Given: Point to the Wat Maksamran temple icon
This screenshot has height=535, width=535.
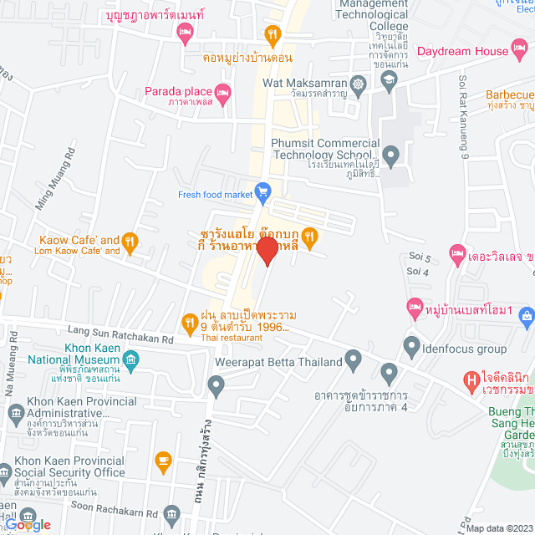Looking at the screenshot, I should tap(359, 84).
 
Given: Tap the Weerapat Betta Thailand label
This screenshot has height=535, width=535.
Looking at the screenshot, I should tap(279, 362).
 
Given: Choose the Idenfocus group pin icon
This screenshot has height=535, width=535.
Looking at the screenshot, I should tap(411, 344).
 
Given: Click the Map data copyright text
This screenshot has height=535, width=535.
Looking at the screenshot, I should tap(498, 527).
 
